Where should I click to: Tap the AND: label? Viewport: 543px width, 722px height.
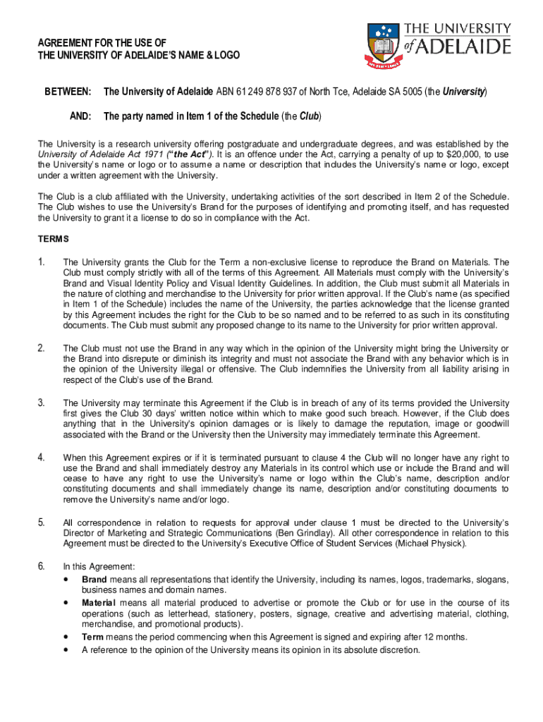pos(80,116)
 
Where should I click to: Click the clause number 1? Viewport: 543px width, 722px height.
pos(42,262)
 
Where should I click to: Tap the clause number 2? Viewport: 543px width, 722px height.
pos(42,348)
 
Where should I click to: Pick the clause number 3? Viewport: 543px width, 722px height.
pos(42,403)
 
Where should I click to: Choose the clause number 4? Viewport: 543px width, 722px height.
pos(42,457)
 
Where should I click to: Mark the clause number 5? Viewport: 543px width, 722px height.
pos(42,522)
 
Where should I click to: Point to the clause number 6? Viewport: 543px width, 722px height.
pos(42,566)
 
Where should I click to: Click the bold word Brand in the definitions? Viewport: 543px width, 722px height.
pos(94,580)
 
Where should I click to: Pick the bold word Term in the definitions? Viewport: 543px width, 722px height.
pos(92,637)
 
